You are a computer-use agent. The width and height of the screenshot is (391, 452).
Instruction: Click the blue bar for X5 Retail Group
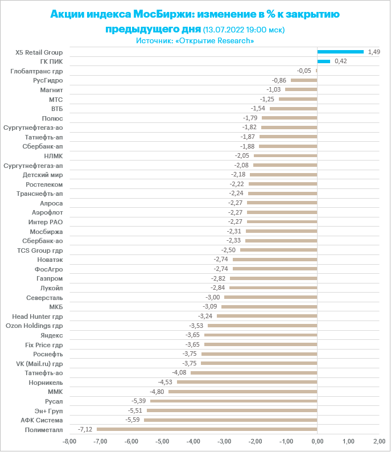coord(340,52)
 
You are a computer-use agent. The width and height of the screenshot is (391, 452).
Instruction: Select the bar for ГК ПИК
coord(324,61)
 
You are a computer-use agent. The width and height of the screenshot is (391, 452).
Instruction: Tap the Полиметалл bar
coord(207,429)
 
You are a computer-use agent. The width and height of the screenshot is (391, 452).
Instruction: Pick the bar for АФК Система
coord(231,420)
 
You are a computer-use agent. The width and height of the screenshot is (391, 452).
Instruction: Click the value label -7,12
coord(85,429)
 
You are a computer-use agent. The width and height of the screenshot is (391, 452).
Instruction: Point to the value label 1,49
coord(374,52)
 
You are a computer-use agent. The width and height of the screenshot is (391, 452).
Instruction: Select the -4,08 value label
coord(179,373)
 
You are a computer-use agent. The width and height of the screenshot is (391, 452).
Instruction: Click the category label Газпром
coord(50,278)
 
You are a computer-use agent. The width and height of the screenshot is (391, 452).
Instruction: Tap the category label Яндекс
coord(52,335)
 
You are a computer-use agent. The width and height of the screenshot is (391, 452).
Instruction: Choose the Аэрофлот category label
coord(48,212)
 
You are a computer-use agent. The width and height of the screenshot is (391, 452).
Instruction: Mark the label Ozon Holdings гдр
coord(34,326)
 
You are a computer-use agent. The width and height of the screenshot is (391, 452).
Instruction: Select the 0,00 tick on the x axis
coord(317,441)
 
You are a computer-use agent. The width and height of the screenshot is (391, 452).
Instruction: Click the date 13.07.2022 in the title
coord(227,30)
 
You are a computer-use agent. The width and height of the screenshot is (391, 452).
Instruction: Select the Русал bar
coord(233,401)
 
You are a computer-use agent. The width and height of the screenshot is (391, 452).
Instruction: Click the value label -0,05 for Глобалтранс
coord(304,71)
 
